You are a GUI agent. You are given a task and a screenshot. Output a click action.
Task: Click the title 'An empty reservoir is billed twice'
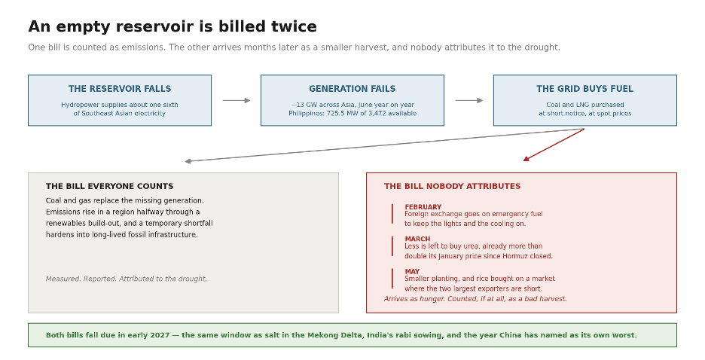(x=172, y=26)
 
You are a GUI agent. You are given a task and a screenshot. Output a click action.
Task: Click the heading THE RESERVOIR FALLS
(x=120, y=89)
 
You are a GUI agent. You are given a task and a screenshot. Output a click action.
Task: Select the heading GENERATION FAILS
(x=352, y=89)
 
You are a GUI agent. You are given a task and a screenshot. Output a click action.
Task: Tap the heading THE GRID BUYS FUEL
(x=584, y=89)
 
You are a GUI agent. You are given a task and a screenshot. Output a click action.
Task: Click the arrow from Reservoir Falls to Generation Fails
(x=236, y=101)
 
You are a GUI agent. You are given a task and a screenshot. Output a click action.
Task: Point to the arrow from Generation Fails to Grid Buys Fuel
(x=469, y=101)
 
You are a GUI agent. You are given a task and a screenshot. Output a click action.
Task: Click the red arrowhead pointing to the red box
(x=526, y=159)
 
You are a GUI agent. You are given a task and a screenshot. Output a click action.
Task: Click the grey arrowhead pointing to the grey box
(x=188, y=161)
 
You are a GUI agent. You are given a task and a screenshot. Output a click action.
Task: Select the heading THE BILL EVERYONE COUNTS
(x=110, y=186)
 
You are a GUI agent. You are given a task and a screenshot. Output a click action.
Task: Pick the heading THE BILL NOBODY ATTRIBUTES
(x=453, y=186)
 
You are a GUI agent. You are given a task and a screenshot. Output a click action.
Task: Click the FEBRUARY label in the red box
(x=423, y=207)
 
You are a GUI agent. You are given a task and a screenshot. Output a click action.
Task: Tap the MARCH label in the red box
(x=417, y=239)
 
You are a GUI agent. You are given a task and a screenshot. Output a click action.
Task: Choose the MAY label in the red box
(x=412, y=271)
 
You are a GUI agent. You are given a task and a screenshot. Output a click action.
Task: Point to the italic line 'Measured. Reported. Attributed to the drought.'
(x=127, y=279)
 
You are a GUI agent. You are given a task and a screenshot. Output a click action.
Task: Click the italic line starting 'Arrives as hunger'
(x=475, y=299)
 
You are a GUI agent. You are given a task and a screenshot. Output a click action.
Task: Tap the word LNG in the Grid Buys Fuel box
(x=584, y=105)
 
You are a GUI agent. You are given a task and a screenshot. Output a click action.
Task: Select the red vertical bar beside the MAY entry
(x=392, y=279)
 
